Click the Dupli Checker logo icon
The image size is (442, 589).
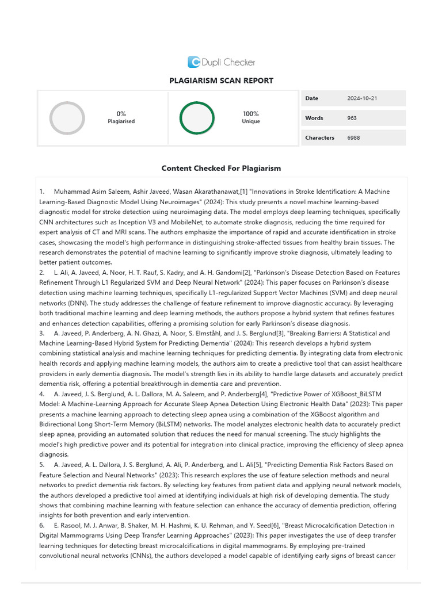pyautogui.click(x=194, y=62)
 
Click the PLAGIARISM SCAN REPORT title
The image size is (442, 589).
pyautogui.click(x=221, y=81)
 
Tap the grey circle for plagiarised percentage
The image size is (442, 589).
pyautogui.click(x=67, y=118)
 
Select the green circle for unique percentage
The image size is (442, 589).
pyautogui.click(x=197, y=118)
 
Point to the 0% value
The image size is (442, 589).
pyautogui.click(x=121, y=114)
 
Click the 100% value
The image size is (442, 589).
pyautogui.click(x=250, y=114)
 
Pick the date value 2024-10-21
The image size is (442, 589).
pyautogui.click(x=362, y=98)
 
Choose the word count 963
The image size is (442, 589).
pyautogui.click(x=352, y=118)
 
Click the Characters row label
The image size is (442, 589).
pyautogui.click(x=319, y=137)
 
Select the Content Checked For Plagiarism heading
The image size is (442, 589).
pyautogui.click(x=221, y=169)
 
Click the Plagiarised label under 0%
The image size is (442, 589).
pyautogui.click(x=121, y=121)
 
